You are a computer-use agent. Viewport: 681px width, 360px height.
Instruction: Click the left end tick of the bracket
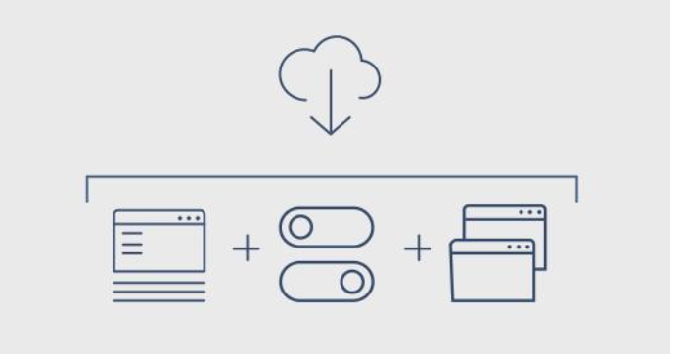89,189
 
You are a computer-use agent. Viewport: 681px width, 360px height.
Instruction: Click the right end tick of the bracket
576,189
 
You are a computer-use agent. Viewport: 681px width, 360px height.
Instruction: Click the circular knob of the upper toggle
300,227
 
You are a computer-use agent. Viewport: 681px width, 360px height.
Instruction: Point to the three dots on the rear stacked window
530,212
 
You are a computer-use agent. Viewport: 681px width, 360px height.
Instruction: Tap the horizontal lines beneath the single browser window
159,290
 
